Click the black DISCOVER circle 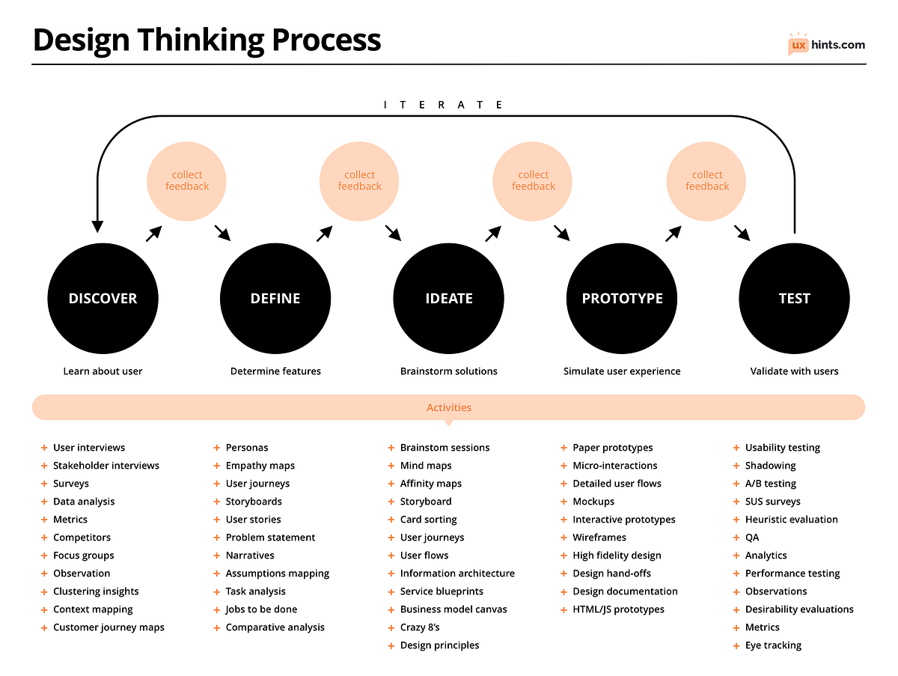pos(103,298)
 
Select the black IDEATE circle pos(449,298)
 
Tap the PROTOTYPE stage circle pos(622,298)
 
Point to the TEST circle pos(794,298)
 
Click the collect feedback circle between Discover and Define pos(187,180)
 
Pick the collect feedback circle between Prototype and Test pos(707,180)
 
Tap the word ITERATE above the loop pos(443,105)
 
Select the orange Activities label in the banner pos(449,408)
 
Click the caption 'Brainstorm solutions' pos(449,371)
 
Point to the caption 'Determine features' pos(275,371)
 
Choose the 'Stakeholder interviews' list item pos(106,466)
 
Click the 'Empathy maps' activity pos(260,466)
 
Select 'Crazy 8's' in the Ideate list pos(420,627)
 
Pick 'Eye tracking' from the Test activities pos(773,645)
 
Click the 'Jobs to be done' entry pos(261,609)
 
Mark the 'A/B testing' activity pos(771,484)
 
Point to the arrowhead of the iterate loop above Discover pos(97,225)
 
